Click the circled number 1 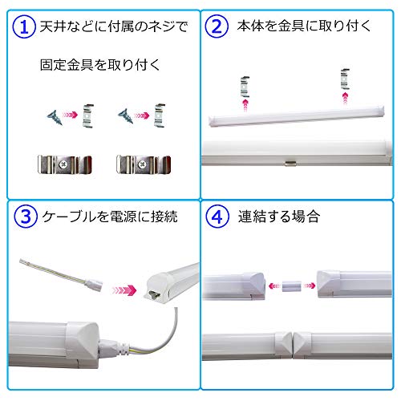click(x=24, y=26)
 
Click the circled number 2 click(x=217, y=26)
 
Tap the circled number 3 click(x=26, y=217)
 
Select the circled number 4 click(x=217, y=217)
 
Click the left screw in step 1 click(x=55, y=117)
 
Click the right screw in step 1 click(x=125, y=115)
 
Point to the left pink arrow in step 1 click(x=70, y=115)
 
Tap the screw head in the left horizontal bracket click(x=63, y=164)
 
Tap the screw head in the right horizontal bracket click(x=142, y=164)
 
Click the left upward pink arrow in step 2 click(x=245, y=105)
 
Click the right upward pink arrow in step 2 click(x=346, y=98)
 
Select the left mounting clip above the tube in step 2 click(x=245, y=87)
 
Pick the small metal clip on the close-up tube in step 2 click(x=290, y=163)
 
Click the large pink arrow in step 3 click(x=124, y=290)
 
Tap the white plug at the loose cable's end click(x=94, y=285)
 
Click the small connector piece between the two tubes click(x=291, y=286)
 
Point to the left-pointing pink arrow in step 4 click(x=274, y=286)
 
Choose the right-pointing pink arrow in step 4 click(x=310, y=286)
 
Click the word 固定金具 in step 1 click(x=67, y=65)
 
